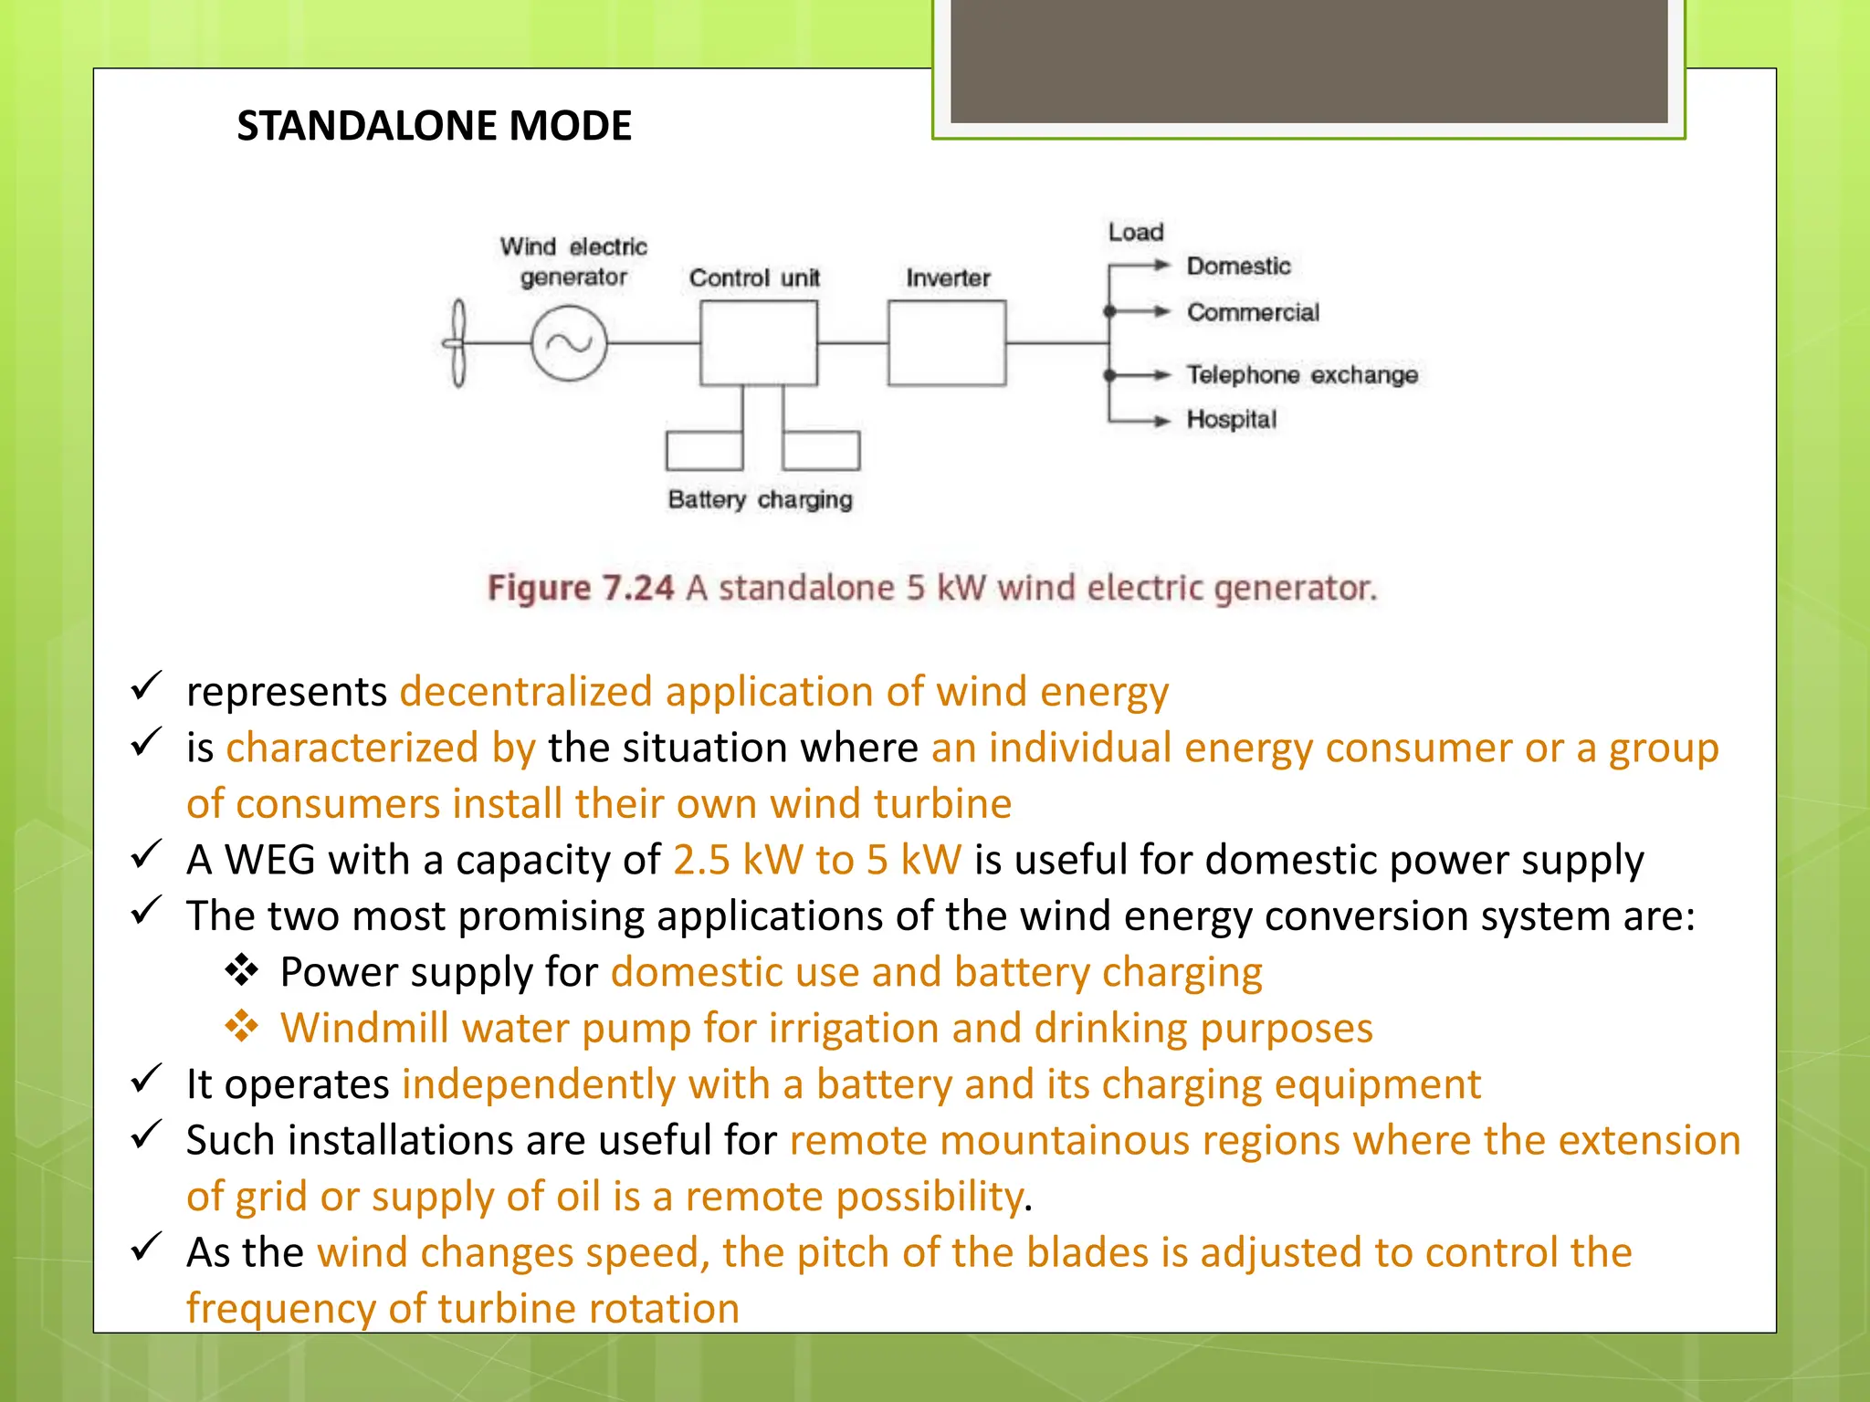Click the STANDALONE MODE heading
coord(434,126)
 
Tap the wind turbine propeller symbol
coord(457,343)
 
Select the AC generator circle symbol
coord(569,343)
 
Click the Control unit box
coord(758,343)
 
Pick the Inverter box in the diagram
coord(947,343)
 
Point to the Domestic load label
coord(1238,267)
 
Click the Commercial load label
coord(1253,313)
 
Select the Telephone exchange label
coord(1302,375)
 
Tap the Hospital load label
coord(1231,420)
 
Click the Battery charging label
coord(760,500)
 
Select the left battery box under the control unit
coord(704,450)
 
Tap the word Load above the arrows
coord(1136,233)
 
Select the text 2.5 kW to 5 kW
coord(817,860)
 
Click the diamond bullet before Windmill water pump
coord(242,1027)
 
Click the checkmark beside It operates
coord(146,1080)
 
